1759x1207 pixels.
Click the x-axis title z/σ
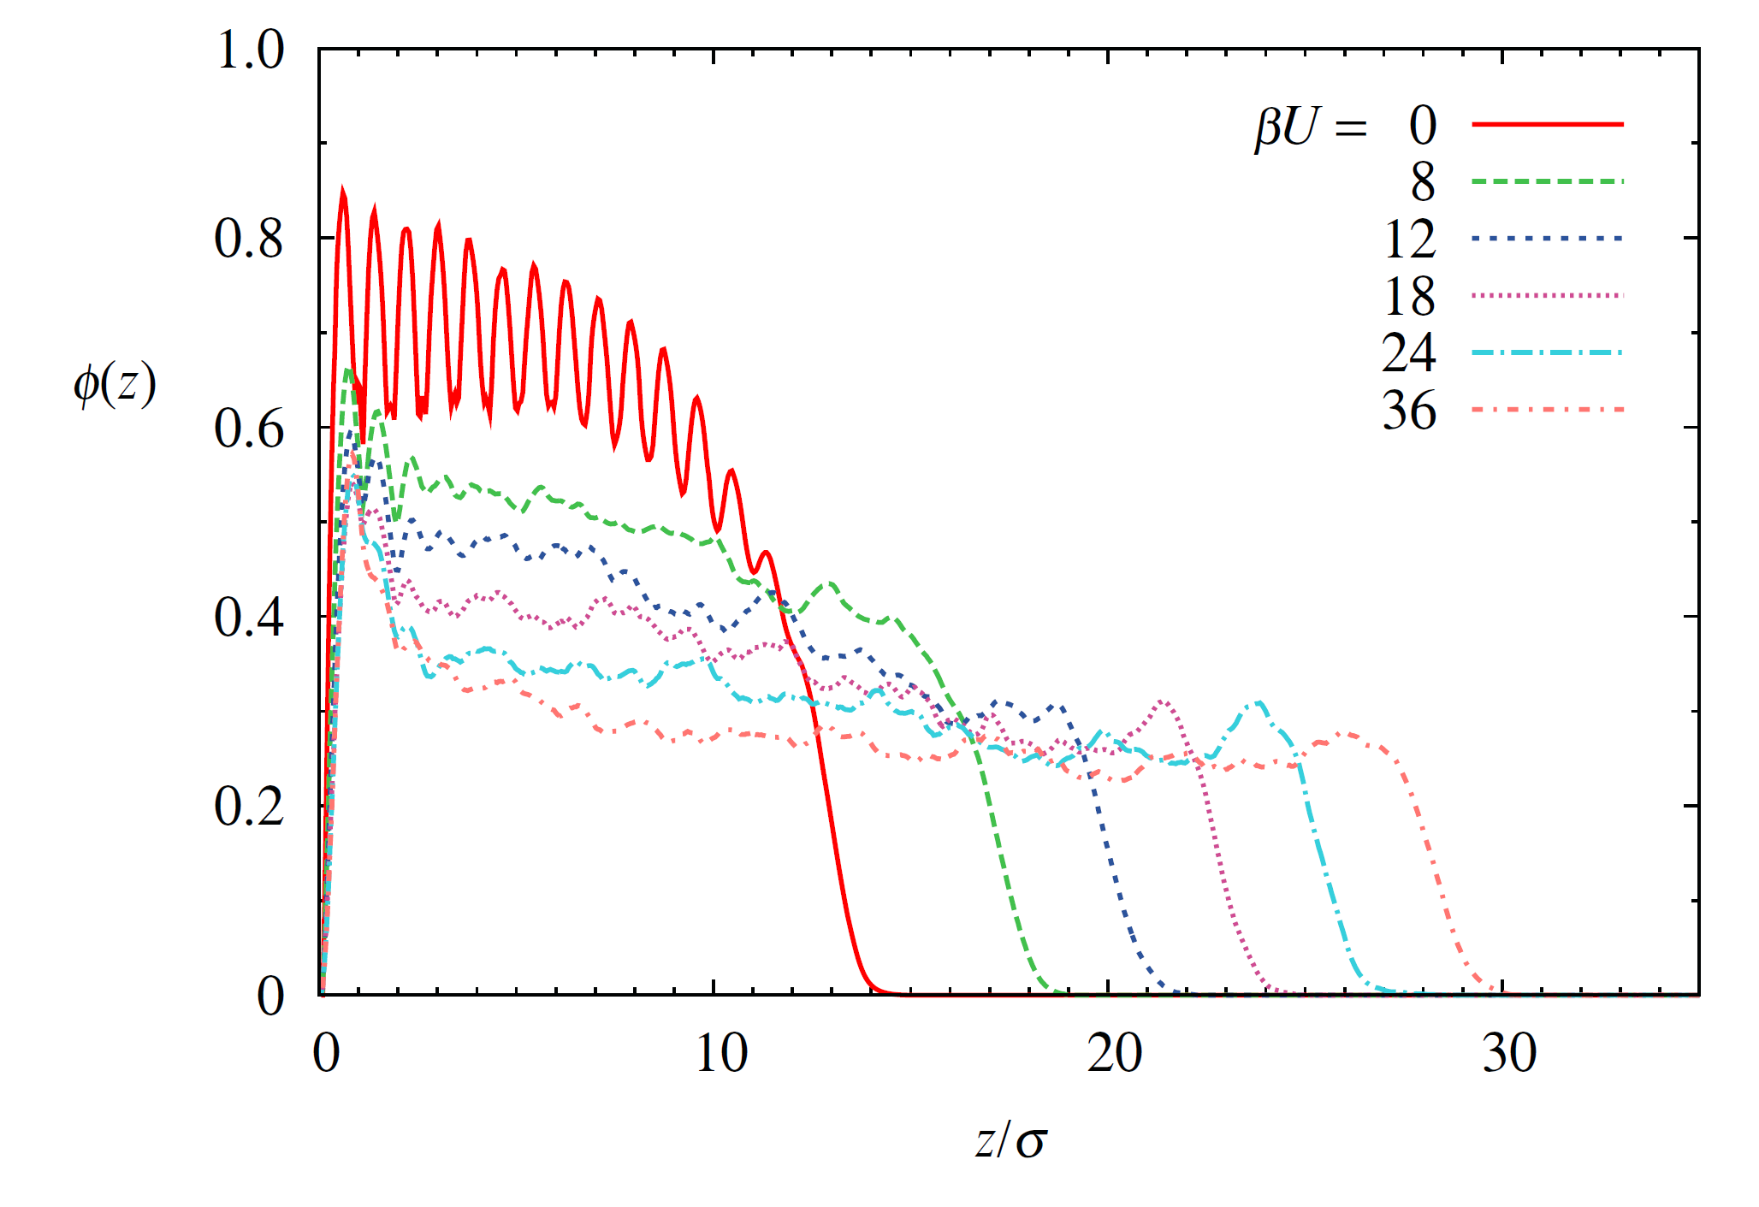pos(1010,1141)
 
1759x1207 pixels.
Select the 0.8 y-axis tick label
pos(249,239)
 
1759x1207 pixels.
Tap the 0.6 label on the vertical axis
pos(249,428)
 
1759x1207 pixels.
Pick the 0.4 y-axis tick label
pos(249,617)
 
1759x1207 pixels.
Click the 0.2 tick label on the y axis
pos(249,806)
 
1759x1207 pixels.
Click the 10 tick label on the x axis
pos(720,1053)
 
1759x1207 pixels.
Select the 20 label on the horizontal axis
pos(1114,1053)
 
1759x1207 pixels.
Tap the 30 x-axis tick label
pos(1508,1053)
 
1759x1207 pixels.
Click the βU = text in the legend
pos(1311,127)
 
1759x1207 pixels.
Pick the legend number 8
pos(1423,182)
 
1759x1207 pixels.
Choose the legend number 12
pos(1409,239)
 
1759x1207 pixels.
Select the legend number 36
pos(1409,411)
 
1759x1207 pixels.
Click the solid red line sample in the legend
pos(1547,125)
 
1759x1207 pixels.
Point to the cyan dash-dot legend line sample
pos(1547,352)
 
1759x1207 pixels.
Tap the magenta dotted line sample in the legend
pos(1547,295)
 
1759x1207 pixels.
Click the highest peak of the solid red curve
pos(343,192)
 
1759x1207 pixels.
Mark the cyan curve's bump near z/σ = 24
pos(1258,703)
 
